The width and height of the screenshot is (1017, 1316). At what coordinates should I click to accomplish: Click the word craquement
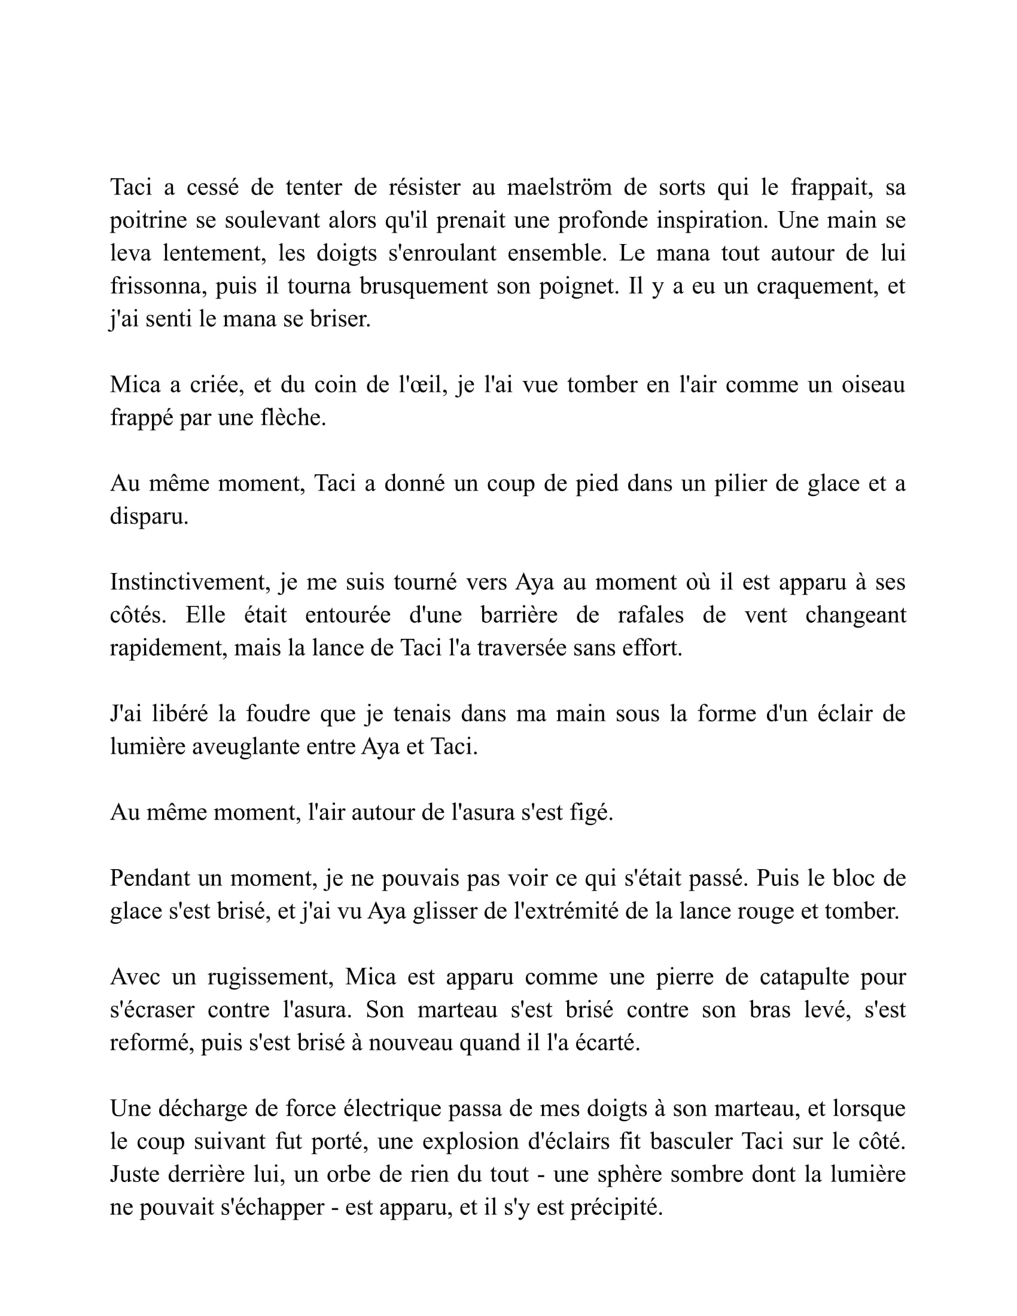tap(817, 286)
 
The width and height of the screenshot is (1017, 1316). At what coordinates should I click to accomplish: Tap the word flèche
tap(293, 418)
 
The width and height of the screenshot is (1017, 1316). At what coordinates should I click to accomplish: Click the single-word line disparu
tap(149, 516)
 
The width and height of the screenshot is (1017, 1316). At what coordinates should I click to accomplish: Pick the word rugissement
tap(270, 977)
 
